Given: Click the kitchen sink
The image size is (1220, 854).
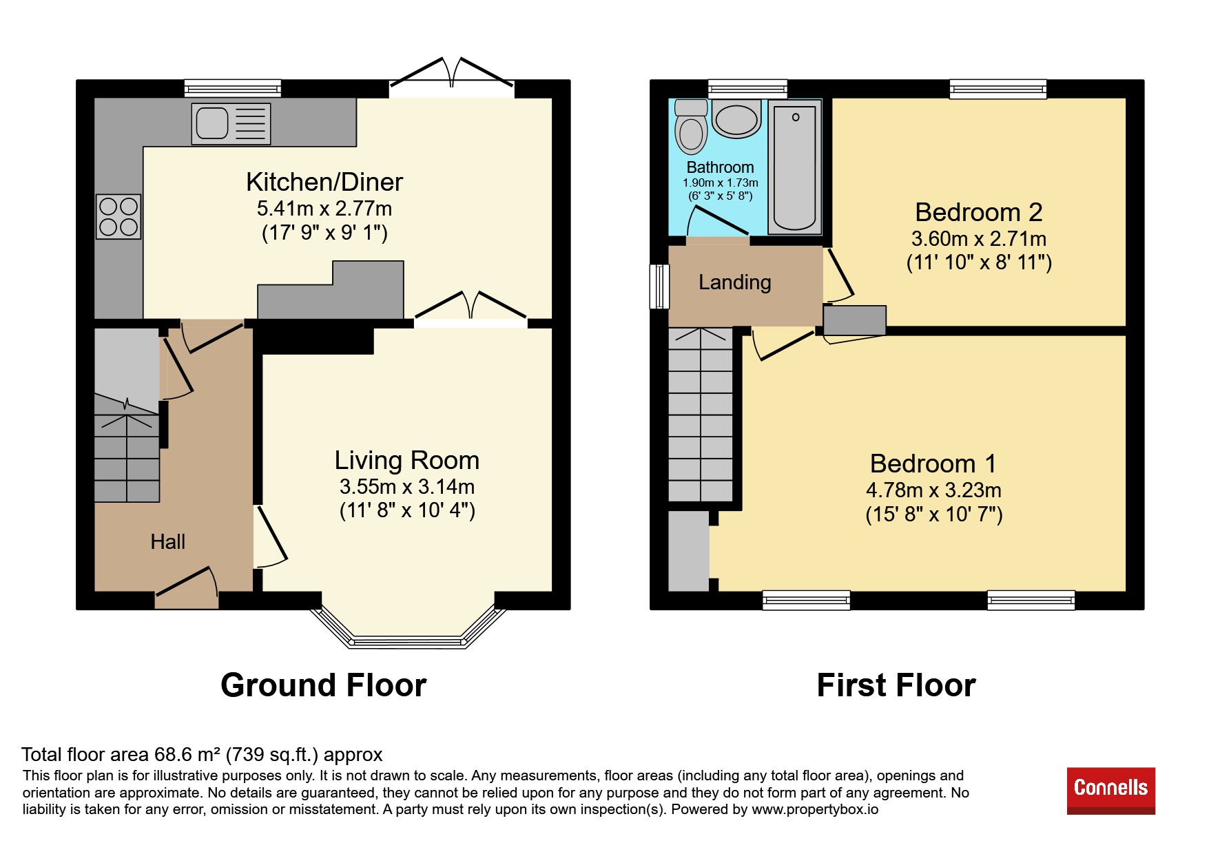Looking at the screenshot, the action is click(231, 124).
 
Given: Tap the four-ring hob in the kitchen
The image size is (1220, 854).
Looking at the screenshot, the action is click(118, 216).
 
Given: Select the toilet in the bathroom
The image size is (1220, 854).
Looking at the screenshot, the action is click(691, 127).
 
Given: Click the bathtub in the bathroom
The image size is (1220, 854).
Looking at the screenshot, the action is click(795, 167).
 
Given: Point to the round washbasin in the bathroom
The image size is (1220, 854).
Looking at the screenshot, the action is click(736, 119).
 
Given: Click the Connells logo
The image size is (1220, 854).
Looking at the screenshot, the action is click(1111, 791).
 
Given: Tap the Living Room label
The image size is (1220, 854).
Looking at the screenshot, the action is click(407, 460).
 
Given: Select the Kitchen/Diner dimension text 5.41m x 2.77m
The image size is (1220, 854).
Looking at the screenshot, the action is click(324, 208).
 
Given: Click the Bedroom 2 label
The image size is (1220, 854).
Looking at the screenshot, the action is click(979, 212).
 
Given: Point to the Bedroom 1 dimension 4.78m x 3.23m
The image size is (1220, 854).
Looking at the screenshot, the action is click(933, 490).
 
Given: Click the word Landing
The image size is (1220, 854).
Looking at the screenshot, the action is click(735, 282).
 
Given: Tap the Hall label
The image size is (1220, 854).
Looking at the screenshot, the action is click(168, 542).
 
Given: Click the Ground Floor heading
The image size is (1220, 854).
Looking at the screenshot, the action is click(324, 685).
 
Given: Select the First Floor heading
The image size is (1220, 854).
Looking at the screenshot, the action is click(896, 685).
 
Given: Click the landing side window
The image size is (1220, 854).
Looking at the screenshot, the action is click(659, 286).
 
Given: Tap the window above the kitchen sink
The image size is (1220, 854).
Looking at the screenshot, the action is click(233, 88).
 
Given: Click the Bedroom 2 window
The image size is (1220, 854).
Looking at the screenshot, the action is click(998, 89).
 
